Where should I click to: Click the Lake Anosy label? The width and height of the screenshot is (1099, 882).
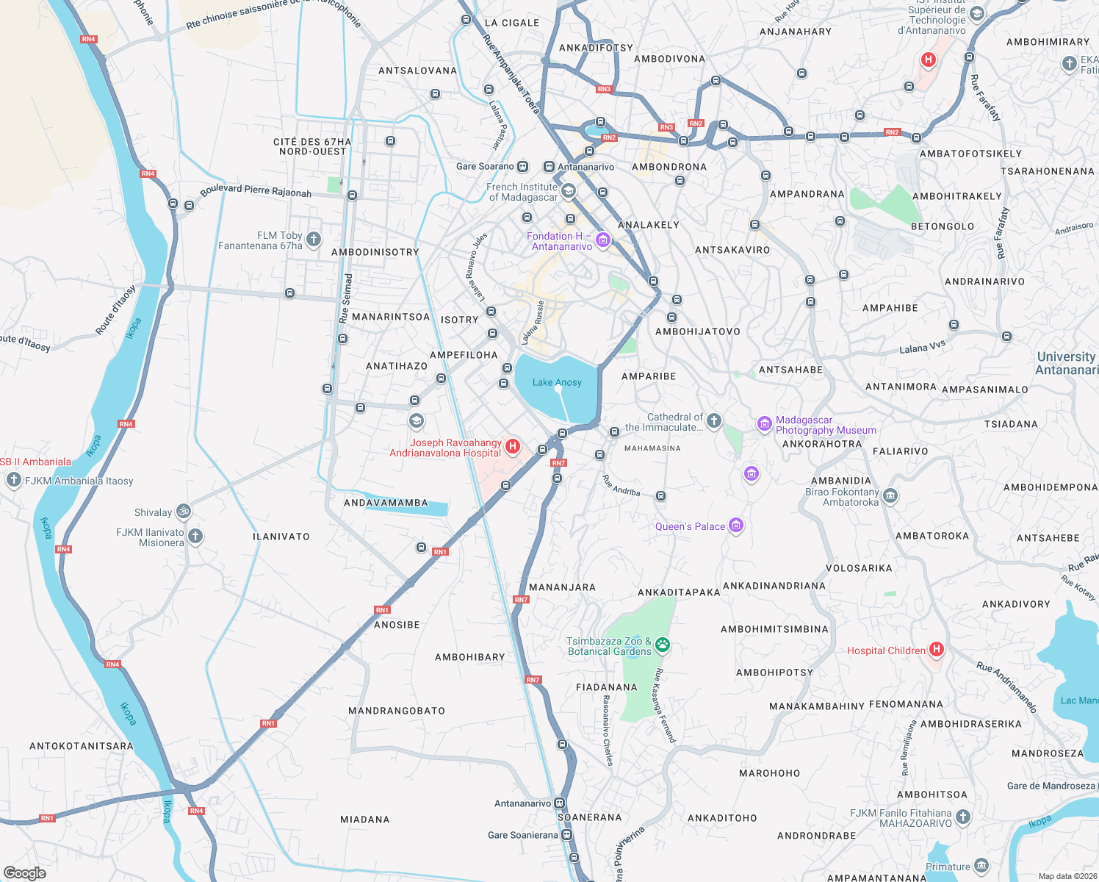pos(556,382)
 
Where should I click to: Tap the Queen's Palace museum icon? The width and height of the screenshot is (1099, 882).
pos(736,526)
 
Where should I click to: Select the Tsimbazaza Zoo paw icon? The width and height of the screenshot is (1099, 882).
pos(663,645)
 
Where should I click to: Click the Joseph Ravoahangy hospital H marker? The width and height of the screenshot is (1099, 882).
pos(513,446)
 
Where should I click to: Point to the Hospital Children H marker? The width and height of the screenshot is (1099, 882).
pos(936,649)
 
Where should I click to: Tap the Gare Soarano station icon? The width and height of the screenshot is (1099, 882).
pos(522,167)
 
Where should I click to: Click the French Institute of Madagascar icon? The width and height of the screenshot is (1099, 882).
pos(568,192)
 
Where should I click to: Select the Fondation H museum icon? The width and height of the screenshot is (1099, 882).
pos(603,240)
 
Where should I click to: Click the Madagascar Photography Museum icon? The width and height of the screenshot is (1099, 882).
pos(764,423)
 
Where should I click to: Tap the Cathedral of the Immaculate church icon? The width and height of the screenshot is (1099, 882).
pos(714,421)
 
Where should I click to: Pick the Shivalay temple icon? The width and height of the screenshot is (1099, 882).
pos(184,511)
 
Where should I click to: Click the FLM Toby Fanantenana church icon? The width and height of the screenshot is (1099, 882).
pos(314,239)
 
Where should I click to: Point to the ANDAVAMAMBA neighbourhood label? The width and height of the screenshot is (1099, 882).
pos(386,503)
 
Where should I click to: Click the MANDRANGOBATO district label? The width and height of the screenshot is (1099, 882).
pos(397,711)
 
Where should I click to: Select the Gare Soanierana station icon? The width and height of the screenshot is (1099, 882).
pos(566,835)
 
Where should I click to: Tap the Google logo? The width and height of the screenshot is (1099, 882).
pos(25,872)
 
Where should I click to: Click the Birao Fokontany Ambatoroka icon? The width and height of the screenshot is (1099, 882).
pos(890,496)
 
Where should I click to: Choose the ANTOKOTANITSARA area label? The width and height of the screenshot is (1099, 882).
pos(82,746)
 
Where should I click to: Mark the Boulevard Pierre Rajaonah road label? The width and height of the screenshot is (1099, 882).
pos(256,190)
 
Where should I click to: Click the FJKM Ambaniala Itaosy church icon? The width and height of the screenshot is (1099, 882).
pos(13,480)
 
